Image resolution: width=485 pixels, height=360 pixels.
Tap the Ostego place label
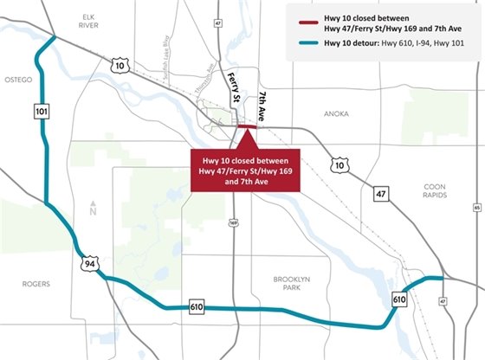(19, 80)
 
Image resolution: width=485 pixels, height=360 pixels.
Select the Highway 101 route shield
(42, 111)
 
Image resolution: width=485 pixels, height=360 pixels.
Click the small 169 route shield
(233, 222)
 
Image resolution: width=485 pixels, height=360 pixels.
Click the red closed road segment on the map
(247, 127)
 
